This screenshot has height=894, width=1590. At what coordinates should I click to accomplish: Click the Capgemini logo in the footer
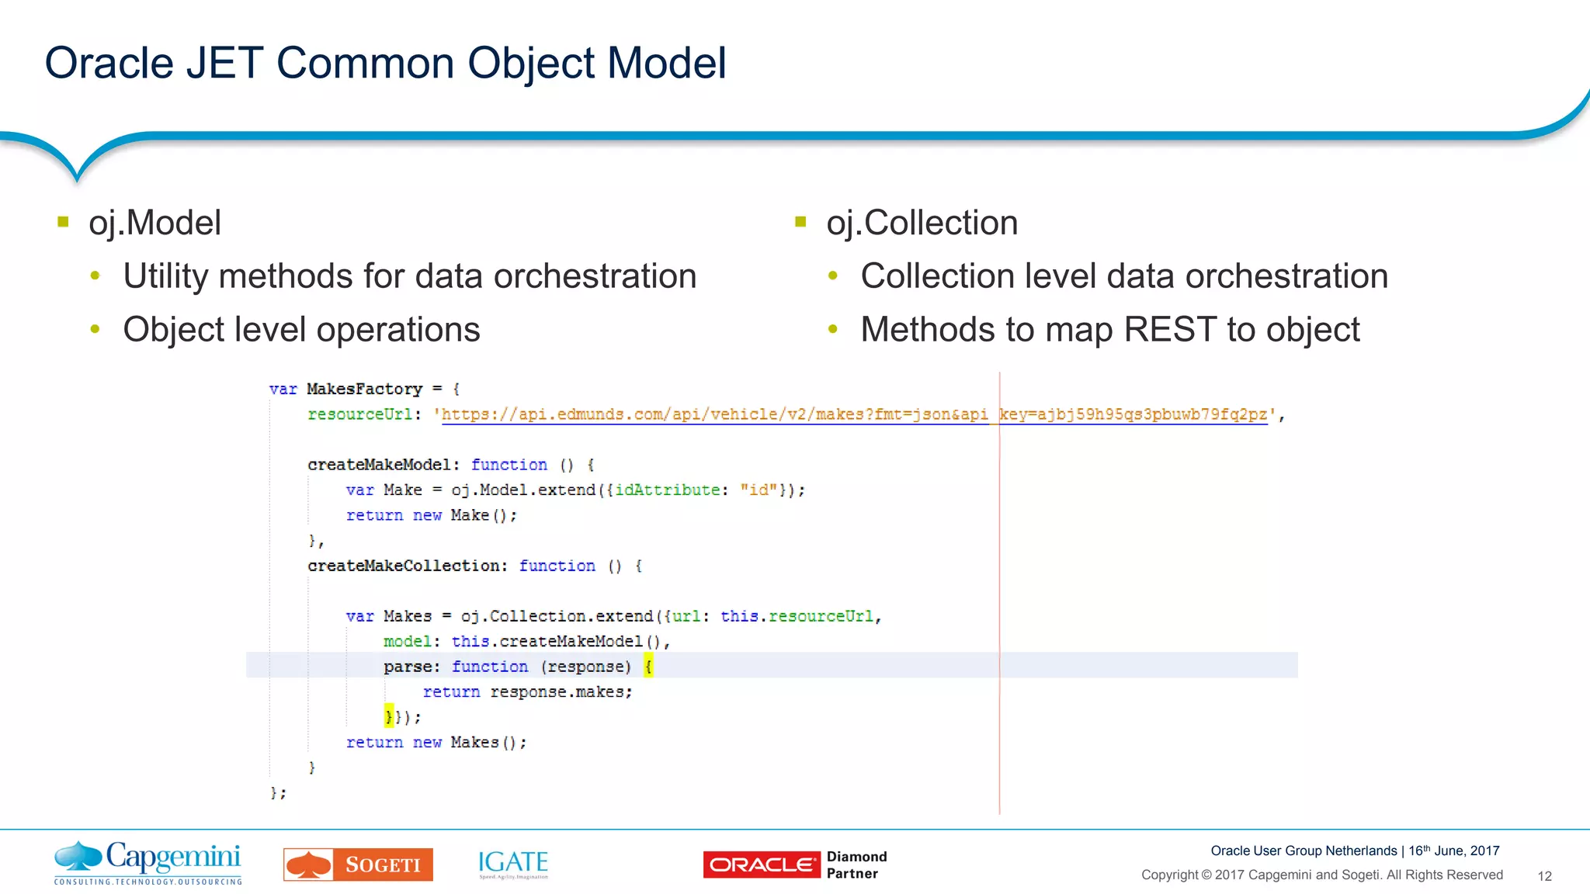pyautogui.click(x=148, y=862)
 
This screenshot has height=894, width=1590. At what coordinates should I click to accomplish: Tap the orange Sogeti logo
pyautogui.click(x=358, y=865)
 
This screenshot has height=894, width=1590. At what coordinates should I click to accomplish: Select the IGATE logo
pyautogui.click(x=513, y=864)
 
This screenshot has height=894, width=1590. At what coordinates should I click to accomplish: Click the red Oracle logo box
pyautogui.click(x=761, y=865)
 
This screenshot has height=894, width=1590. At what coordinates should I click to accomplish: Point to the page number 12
pyautogui.click(x=1544, y=876)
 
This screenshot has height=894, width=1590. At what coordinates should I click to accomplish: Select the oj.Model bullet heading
pyautogui.click(x=154, y=223)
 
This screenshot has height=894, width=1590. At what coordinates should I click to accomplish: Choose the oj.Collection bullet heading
pyautogui.click(x=922, y=223)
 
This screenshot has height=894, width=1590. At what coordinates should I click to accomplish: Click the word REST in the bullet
pyautogui.click(x=1170, y=329)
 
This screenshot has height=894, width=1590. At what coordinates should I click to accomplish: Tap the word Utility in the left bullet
pyautogui.click(x=165, y=276)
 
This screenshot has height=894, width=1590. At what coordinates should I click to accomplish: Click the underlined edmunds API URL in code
pyautogui.click(x=854, y=414)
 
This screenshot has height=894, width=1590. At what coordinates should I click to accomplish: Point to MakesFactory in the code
pyautogui.click(x=364, y=389)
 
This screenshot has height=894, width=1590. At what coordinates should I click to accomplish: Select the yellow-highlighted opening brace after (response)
pyautogui.click(x=648, y=666)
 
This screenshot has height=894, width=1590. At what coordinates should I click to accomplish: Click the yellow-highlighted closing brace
pyautogui.click(x=389, y=716)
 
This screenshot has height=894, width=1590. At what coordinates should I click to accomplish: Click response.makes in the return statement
pyautogui.click(x=561, y=691)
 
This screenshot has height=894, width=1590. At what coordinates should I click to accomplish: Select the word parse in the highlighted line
pyautogui.click(x=407, y=667)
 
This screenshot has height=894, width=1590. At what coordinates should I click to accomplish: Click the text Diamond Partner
pyautogui.click(x=856, y=865)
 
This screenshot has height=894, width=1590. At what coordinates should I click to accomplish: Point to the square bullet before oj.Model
pyautogui.click(x=64, y=222)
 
